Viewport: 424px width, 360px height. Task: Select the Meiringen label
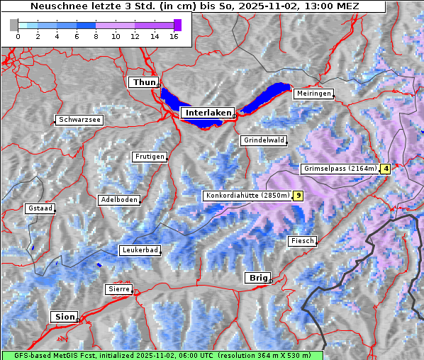[x=313, y=94]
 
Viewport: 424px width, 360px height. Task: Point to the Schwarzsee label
[x=79, y=120]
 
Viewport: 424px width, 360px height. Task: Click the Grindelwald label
[x=264, y=140]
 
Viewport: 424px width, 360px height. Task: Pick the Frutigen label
[x=149, y=157]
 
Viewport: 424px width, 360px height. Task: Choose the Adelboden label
[x=119, y=200]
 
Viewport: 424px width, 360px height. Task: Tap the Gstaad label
[x=40, y=208]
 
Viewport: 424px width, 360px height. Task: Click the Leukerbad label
[x=140, y=250]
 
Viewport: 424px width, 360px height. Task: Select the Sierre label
[x=118, y=289]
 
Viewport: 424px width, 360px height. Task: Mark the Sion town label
[x=63, y=317]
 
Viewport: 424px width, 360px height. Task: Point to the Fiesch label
[x=302, y=241]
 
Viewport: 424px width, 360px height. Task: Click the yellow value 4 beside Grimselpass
[x=386, y=169]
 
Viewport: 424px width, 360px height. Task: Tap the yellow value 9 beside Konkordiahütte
[x=299, y=196]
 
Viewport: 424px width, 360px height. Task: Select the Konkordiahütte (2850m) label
[x=247, y=196]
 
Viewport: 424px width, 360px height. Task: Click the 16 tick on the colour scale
[x=174, y=36]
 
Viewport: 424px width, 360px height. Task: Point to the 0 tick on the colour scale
[x=18, y=36]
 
